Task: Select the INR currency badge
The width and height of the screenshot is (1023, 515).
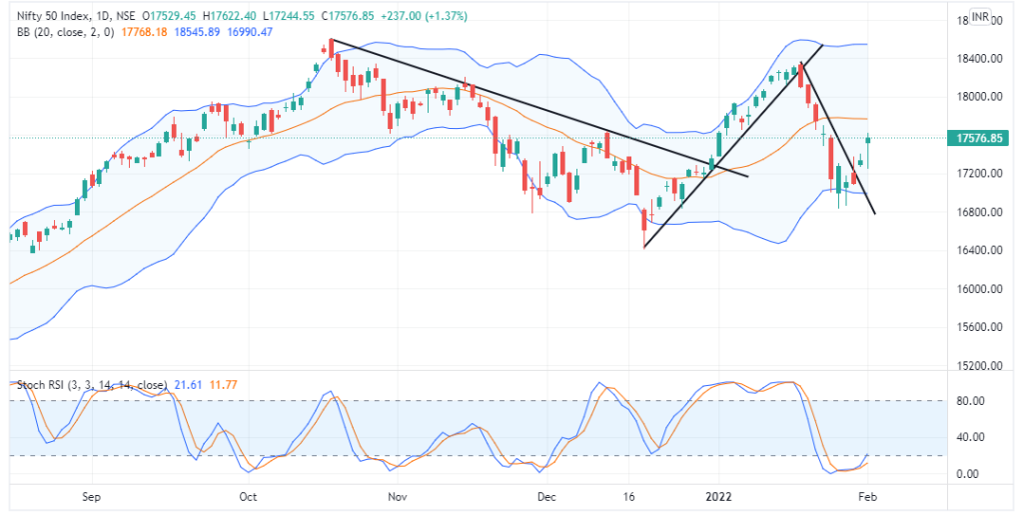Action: (x=980, y=18)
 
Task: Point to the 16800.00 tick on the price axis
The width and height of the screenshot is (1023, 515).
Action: (x=975, y=213)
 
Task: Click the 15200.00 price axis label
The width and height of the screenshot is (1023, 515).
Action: (x=975, y=366)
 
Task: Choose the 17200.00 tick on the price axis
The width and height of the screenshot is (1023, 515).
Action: (x=975, y=174)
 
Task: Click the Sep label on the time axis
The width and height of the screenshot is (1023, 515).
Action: (x=92, y=496)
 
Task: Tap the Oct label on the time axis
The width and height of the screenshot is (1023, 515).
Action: (x=248, y=496)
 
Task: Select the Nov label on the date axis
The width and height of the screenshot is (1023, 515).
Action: (x=397, y=496)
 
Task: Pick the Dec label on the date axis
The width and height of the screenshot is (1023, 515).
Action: (x=545, y=496)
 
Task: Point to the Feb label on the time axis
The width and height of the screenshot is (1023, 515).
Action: (x=867, y=496)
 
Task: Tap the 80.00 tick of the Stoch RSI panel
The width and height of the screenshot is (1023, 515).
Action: (x=969, y=401)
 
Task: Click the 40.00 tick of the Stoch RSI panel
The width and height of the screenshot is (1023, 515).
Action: (x=969, y=437)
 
